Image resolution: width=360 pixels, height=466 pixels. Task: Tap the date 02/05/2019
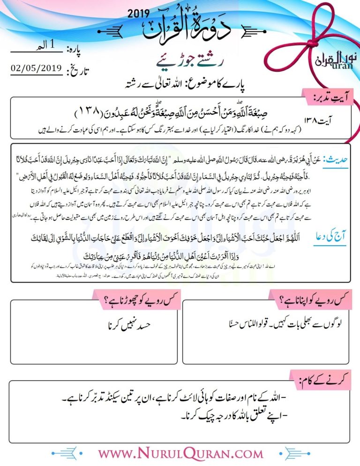[36, 68]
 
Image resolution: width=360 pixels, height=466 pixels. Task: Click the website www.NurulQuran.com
[180, 453]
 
